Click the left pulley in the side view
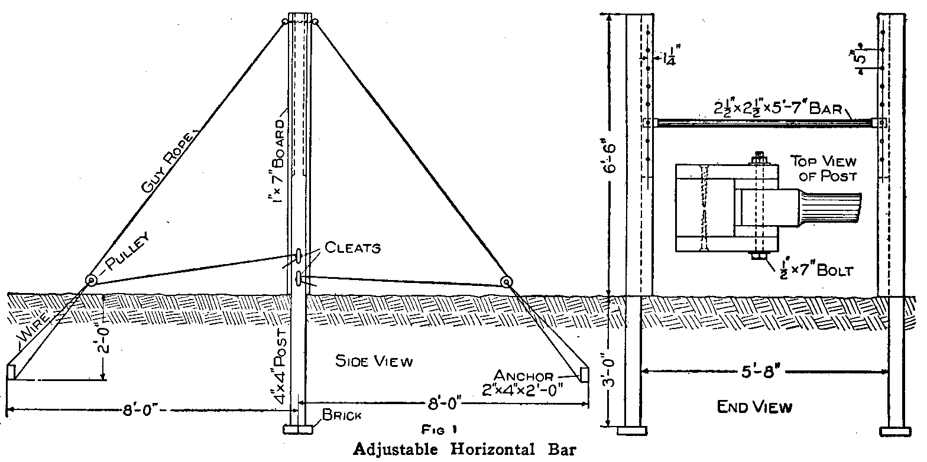click(92, 281)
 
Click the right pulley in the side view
click(506, 282)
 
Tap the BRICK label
click(342, 416)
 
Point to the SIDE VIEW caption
click(374, 361)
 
